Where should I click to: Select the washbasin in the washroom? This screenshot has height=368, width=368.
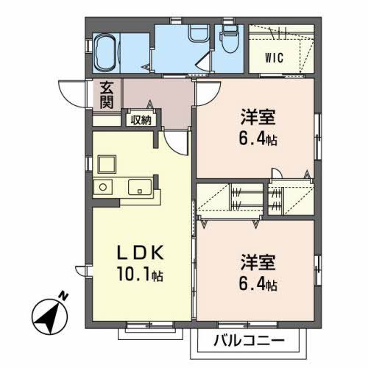click(198, 33)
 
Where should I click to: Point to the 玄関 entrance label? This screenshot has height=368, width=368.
click(107, 96)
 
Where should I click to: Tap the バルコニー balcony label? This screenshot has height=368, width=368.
click(249, 341)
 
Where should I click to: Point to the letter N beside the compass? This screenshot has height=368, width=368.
click(64, 295)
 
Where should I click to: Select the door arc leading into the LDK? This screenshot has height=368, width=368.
click(175, 144)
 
